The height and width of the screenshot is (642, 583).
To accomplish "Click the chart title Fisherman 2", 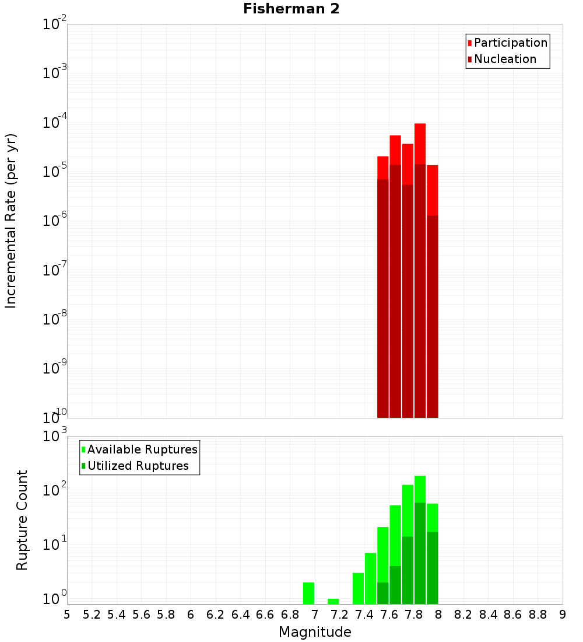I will point(291,9).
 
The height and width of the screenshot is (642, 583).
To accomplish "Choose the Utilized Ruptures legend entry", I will point(138,466).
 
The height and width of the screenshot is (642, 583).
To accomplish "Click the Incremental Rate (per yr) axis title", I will point(11,221).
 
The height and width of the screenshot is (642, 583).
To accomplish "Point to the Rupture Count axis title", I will point(22,520).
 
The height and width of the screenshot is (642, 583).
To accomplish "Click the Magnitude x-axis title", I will point(315,632).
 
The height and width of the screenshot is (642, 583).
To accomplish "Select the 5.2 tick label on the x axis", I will point(92,614).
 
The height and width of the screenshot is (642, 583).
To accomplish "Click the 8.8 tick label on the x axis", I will point(538,614).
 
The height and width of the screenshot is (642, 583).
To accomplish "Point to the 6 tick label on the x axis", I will point(191,614).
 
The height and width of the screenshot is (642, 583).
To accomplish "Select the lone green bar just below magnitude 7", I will point(309,593).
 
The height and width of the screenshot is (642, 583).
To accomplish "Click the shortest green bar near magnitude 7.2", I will point(333,601).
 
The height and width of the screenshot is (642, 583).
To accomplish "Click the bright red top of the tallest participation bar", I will point(420,143).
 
